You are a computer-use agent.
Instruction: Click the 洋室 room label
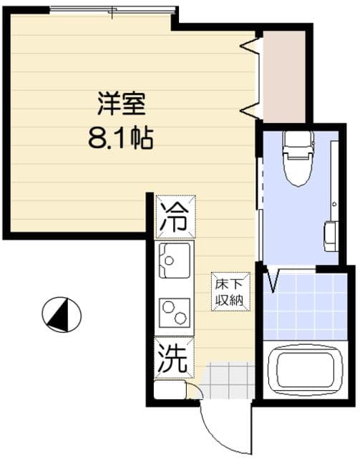click(x=122, y=104)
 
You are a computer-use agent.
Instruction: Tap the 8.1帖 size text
click(x=121, y=137)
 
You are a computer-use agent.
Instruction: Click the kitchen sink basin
click(x=175, y=262)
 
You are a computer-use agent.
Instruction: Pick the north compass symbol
click(x=62, y=313)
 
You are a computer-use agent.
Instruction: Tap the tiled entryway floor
click(x=228, y=380)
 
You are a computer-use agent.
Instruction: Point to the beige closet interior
click(x=283, y=76)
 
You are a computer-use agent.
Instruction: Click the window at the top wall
click(x=113, y=11)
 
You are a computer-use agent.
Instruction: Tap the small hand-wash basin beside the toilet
click(x=330, y=236)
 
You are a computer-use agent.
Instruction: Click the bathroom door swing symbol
click(x=272, y=279)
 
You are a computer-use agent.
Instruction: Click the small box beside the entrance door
click(x=170, y=390)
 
